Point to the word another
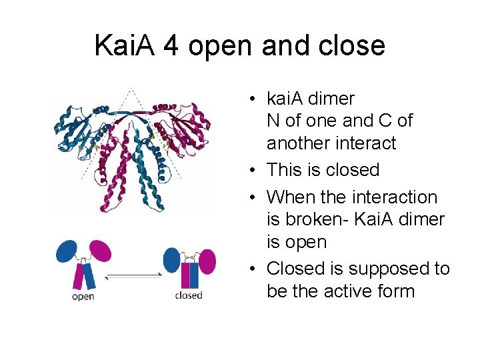297,143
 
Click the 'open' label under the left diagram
83,296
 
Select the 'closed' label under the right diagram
188,295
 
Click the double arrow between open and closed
134,275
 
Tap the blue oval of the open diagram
67,251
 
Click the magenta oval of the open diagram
100,252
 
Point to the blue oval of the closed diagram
172,258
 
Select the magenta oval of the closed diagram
206,261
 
